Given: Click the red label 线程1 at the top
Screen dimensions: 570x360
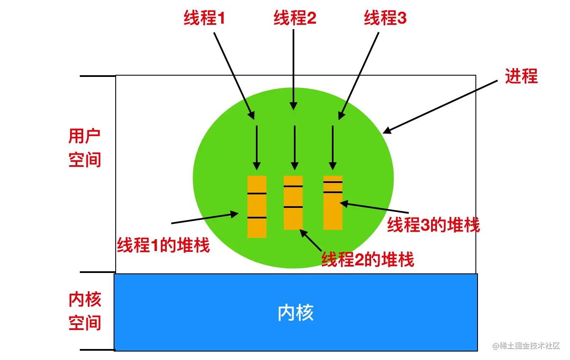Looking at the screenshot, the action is point(204,18).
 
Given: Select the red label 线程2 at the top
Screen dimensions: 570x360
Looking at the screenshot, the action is point(295,18).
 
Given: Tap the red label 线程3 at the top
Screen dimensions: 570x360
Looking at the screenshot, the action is point(385,18).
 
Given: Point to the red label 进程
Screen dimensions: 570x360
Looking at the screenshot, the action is point(521,76).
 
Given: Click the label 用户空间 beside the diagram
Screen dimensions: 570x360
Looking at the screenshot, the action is point(85,147).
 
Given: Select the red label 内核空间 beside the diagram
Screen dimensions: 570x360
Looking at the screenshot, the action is point(85,311).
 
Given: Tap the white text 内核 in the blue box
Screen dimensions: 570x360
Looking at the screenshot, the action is point(296,313).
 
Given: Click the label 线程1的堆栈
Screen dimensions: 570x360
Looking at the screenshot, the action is point(163,245).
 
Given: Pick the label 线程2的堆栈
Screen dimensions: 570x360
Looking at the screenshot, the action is point(368,259).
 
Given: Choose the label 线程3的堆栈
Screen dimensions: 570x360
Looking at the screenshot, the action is point(434,224).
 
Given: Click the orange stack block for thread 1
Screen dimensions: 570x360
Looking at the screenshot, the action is point(257,207).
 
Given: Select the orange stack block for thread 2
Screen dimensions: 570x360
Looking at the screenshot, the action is point(293,203).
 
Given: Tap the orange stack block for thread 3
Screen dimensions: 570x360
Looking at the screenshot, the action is point(333,203).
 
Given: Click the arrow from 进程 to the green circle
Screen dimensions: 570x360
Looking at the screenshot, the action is point(440,107).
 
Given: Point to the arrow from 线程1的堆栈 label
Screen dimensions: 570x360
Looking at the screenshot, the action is point(205,218).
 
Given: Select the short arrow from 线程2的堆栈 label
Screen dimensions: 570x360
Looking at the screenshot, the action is point(311,240).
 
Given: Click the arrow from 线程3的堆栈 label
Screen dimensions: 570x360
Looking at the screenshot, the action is point(375,207).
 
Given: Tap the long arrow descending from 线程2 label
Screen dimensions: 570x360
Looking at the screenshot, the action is point(293,70).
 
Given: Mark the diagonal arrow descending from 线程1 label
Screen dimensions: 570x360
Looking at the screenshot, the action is point(234,76).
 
